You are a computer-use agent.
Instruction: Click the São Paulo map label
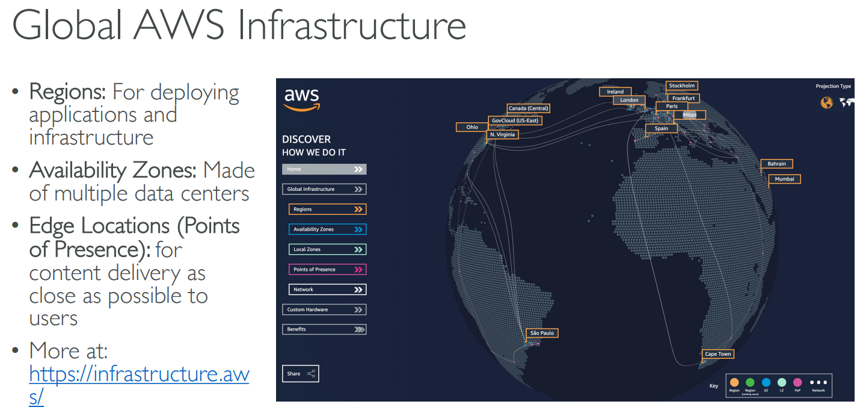(x=542, y=333)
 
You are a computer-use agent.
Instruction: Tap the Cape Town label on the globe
(x=718, y=354)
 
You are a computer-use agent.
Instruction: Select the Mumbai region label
(x=784, y=179)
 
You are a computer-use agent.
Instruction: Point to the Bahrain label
(x=776, y=164)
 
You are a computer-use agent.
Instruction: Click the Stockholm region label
(x=681, y=86)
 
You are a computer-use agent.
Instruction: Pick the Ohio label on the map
(x=472, y=127)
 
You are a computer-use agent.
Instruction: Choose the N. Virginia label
(x=502, y=135)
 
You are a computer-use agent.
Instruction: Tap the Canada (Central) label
(x=528, y=109)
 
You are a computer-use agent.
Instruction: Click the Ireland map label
(x=615, y=92)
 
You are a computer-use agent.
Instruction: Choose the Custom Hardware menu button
(x=324, y=309)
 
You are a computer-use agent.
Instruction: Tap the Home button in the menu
(x=324, y=169)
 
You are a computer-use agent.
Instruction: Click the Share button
(x=300, y=374)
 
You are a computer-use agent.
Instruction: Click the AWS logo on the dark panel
(x=302, y=99)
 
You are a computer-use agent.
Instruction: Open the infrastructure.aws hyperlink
(x=139, y=374)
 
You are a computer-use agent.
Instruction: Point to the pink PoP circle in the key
(x=797, y=382)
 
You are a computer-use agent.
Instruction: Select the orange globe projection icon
(x=827, y=103)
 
